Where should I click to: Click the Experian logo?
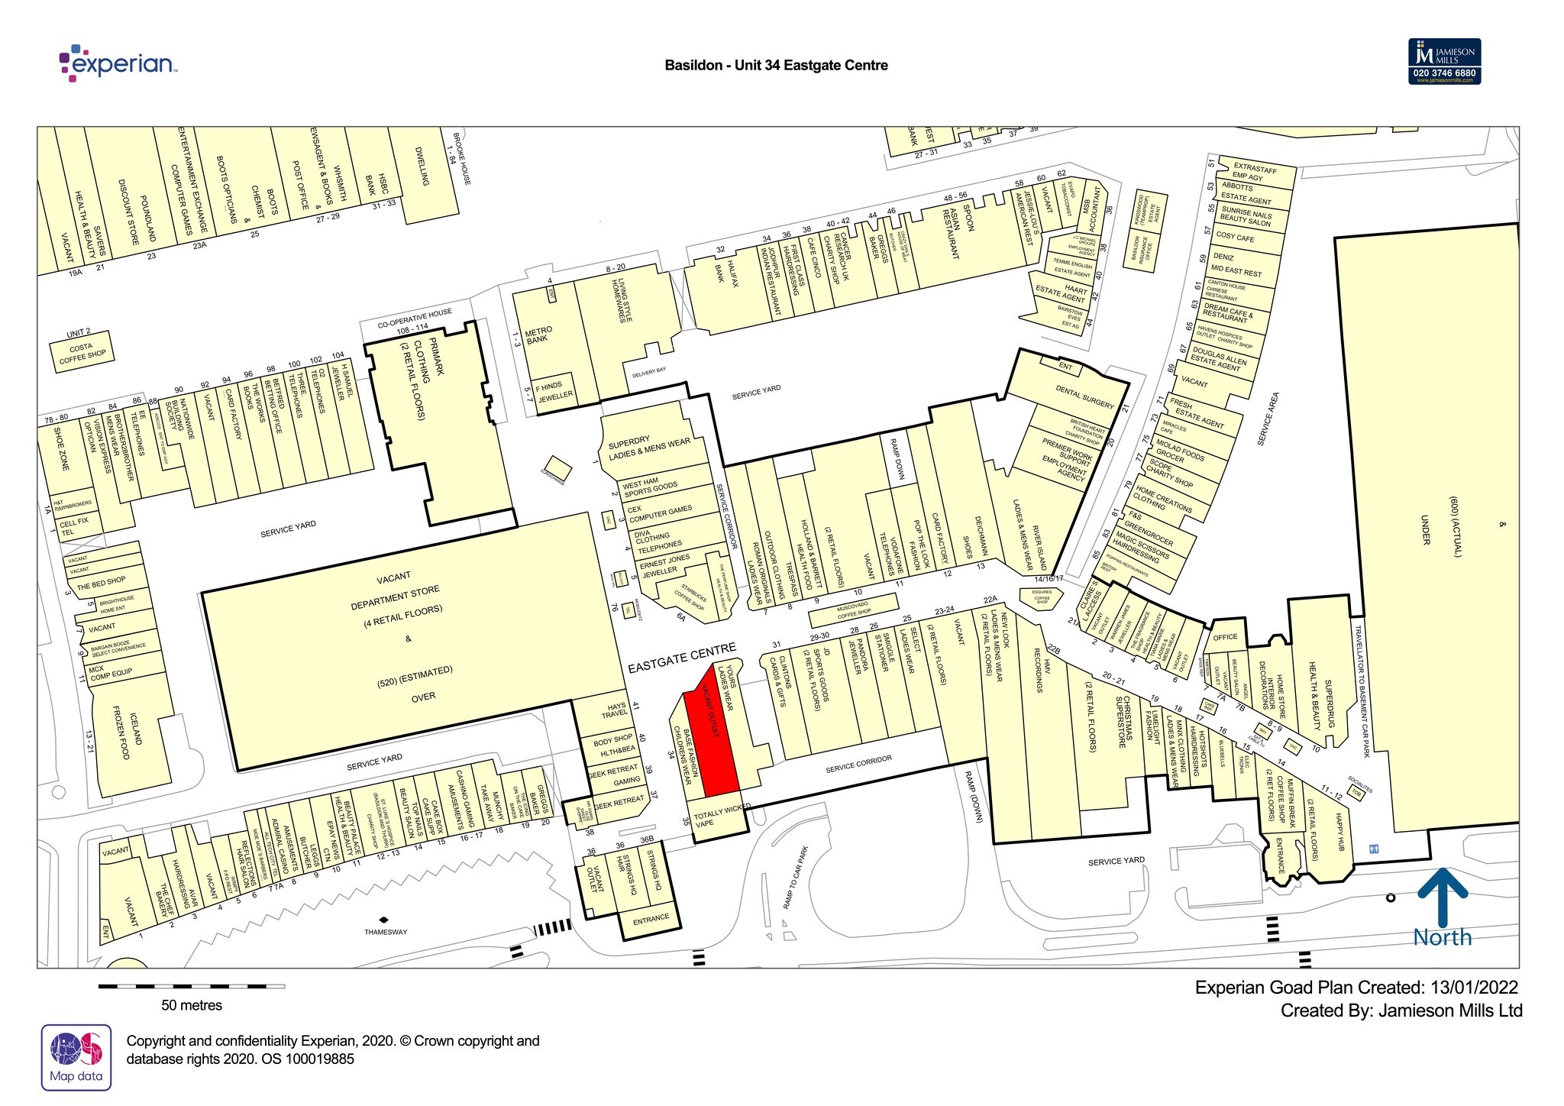[x=118, y=63]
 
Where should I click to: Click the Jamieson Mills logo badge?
[x=1444, y=61]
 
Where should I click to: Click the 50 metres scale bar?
[x=191, y=987]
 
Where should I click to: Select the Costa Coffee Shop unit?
[x=82, y=352]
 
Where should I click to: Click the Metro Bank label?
[x=538, y=335]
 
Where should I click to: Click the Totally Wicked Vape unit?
[x=716, y=820]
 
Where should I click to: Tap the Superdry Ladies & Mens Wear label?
[x=649, y=447]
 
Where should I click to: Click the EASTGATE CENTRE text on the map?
[x=681, y=658]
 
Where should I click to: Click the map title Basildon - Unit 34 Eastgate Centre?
[x=776, y=66]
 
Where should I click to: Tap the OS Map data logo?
[x=76, y=1057]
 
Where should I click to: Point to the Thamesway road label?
[x=386, y=932]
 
